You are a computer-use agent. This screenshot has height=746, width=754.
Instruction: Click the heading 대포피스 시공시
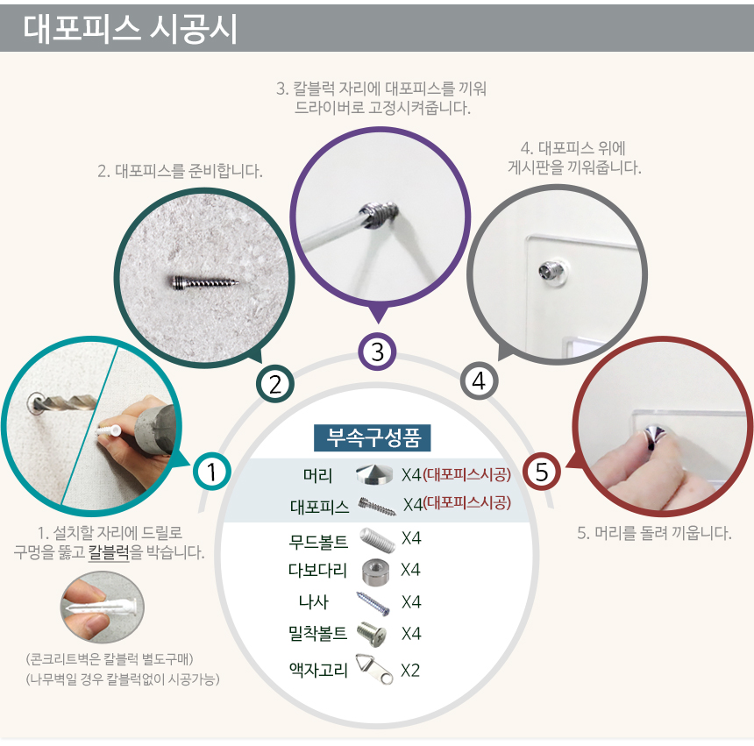point(130,29)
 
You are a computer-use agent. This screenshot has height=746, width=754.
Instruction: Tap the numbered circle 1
point(211,472)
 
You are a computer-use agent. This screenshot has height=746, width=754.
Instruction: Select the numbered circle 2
point(275,384)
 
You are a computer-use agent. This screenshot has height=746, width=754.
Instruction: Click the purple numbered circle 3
point(378,352)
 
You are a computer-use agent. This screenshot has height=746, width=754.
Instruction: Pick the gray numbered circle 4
point(479,381)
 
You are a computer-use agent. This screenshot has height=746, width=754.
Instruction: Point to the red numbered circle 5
point(542,472)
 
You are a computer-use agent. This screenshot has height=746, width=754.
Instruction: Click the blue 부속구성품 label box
point(373,438)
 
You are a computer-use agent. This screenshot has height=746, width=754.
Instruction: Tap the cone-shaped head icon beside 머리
point(373,474)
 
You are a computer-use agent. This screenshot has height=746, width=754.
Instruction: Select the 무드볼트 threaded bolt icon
point(378,540)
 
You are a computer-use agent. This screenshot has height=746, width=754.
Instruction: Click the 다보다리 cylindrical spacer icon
point(375,572)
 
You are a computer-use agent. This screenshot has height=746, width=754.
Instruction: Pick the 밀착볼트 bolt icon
point(371,634)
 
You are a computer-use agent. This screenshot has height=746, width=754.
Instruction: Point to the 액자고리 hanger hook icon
point(374,669)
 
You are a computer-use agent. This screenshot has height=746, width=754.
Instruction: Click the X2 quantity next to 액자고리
point(410,670)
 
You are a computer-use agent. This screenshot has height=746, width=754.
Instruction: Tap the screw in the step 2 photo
point(204,282)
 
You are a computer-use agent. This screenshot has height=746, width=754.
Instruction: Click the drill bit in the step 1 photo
point(63,402)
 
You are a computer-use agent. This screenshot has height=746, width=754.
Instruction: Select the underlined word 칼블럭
point(110,552)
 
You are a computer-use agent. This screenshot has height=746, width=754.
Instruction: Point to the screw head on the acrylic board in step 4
point(549,271)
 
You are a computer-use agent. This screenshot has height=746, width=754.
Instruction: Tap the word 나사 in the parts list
point(314,602)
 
